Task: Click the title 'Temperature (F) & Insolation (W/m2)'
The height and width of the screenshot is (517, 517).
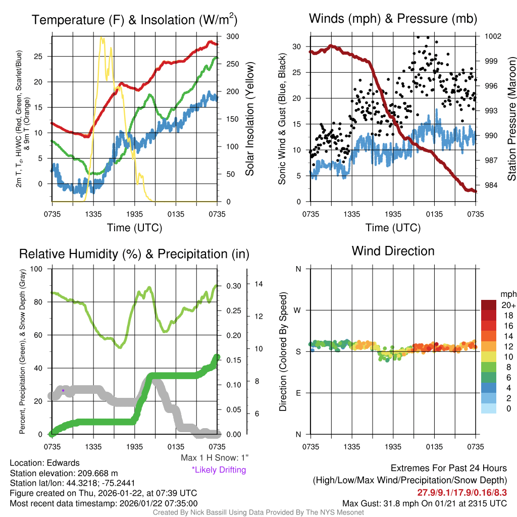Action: tap(134, 20)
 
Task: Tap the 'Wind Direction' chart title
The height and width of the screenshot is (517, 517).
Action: tap(393, 251)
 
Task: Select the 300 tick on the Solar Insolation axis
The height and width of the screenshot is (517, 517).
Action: tap(233, 36)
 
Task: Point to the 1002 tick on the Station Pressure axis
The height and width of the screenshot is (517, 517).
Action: tap(493, 36)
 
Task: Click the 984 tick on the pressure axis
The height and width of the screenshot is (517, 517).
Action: tap(491, 185)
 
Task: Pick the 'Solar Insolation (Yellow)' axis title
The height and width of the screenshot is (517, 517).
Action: tap(249, 119)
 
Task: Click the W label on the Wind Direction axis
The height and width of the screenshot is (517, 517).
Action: tap(298, 310)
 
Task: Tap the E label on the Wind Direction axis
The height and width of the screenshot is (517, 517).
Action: tap(298, 393)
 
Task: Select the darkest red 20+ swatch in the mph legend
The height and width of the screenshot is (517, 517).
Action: tap(488, 305)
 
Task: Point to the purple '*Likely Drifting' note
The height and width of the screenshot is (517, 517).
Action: tap(219, 470)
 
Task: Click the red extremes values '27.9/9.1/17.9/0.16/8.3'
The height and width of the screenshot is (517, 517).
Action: tap(461, 492)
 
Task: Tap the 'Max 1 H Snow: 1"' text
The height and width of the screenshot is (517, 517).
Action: tap(215, 458)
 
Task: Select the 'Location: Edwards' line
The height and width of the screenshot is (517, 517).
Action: tap(44, 463)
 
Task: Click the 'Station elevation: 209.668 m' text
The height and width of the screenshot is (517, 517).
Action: tap(64, 473)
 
